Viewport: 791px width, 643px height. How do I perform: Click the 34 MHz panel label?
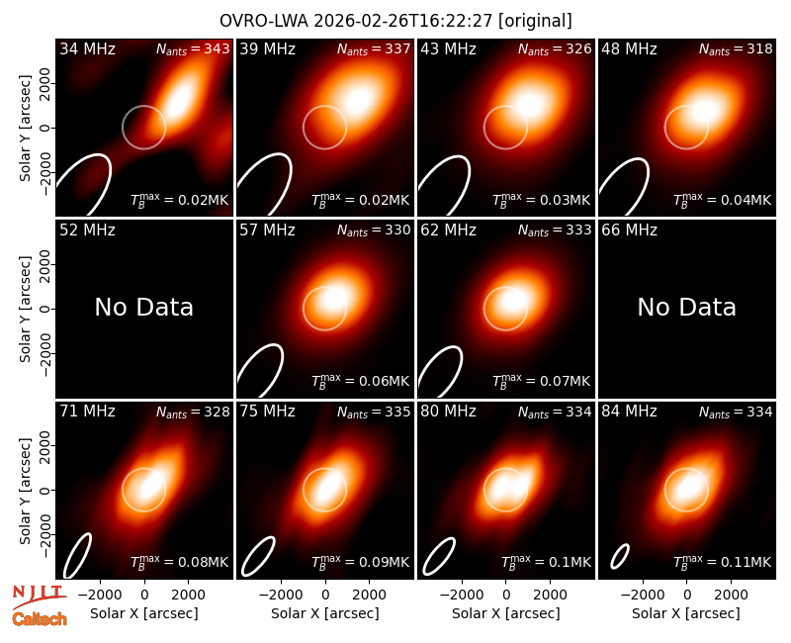[87, 48]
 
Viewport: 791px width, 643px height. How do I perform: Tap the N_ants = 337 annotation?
[374, 49]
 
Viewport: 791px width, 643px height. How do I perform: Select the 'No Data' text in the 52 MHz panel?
[143, 307]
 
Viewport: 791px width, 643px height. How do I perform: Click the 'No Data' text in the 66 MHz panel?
[686, 307]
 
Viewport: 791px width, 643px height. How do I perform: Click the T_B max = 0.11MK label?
[723, 561]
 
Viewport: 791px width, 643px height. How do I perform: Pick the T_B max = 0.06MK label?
[360, 380]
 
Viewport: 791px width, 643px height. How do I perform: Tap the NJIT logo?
[39, 597]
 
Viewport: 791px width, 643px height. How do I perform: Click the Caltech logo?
[40, 619]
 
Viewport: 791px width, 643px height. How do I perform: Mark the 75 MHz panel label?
[267, 412]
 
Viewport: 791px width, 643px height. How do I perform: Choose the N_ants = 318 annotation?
[736, 49]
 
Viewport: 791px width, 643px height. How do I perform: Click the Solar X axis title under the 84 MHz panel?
[686, 613]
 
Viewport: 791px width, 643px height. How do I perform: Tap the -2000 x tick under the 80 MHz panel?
[461, 595]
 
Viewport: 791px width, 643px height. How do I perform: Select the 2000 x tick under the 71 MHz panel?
[188, 595]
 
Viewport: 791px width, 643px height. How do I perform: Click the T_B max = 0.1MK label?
[546, 561]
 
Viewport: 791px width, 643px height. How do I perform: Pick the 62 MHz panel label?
[449, 230]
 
